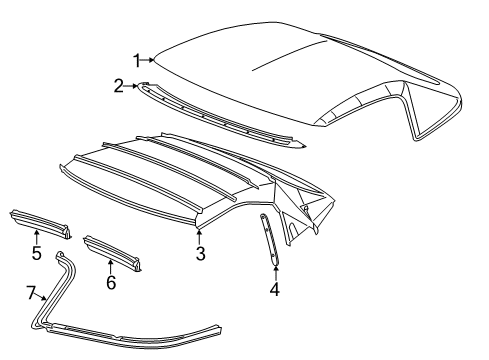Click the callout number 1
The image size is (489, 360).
[x=138, y=59]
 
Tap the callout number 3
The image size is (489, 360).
[x=200, y=254]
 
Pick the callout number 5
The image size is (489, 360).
[x=36, y=253]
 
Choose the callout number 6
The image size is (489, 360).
[x=111, y=283]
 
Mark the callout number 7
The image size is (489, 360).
[x=31, y=292]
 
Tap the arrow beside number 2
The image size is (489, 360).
[x=132, y=86]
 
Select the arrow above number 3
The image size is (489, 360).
[x=200, y=236]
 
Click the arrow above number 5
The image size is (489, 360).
[x=36, y=235]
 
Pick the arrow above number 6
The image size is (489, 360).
[x=111, y=265]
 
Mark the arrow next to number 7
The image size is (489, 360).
[x=42, y=299]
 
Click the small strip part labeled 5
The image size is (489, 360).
[x=39, y=221]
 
